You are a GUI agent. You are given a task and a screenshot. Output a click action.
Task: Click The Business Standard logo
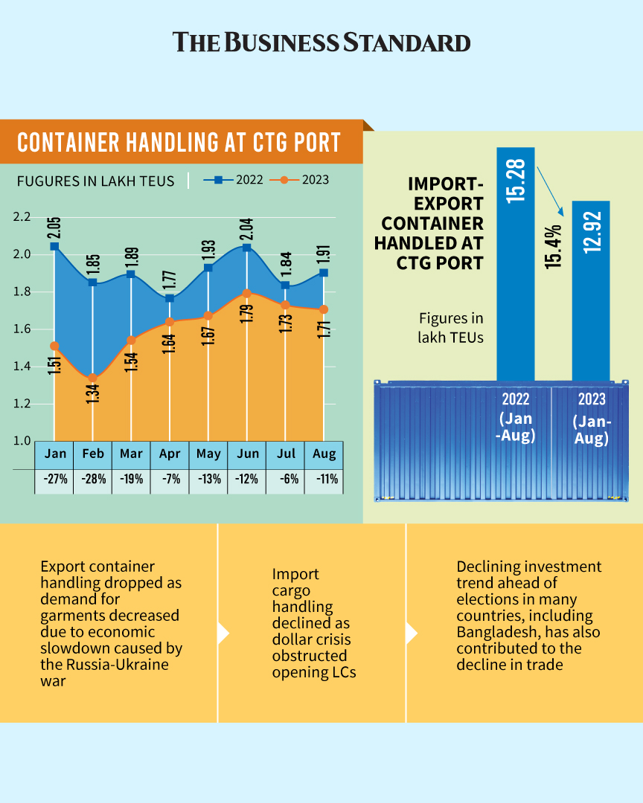(321, 42)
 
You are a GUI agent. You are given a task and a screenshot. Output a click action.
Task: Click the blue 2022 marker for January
(54, 246)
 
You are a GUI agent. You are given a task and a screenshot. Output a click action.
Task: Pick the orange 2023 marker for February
(92, 378)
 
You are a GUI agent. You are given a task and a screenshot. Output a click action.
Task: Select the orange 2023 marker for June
(246, 294)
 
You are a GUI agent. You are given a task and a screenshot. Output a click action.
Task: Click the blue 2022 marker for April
(169, 298)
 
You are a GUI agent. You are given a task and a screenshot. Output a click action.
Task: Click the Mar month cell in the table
(131, 454)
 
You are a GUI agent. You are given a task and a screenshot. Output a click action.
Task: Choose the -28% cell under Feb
(92, 480)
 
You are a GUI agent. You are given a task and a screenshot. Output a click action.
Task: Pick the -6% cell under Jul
(285, 480)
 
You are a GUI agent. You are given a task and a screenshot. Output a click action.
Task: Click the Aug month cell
(324, 454)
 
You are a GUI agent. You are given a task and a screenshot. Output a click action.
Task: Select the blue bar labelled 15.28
(516, 260)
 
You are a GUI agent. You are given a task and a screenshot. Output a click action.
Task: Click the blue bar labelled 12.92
(590, 290)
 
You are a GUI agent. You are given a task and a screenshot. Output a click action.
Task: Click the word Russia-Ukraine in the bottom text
(104, 664)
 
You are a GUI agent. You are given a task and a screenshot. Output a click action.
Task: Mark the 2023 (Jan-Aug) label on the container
(591, 421)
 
